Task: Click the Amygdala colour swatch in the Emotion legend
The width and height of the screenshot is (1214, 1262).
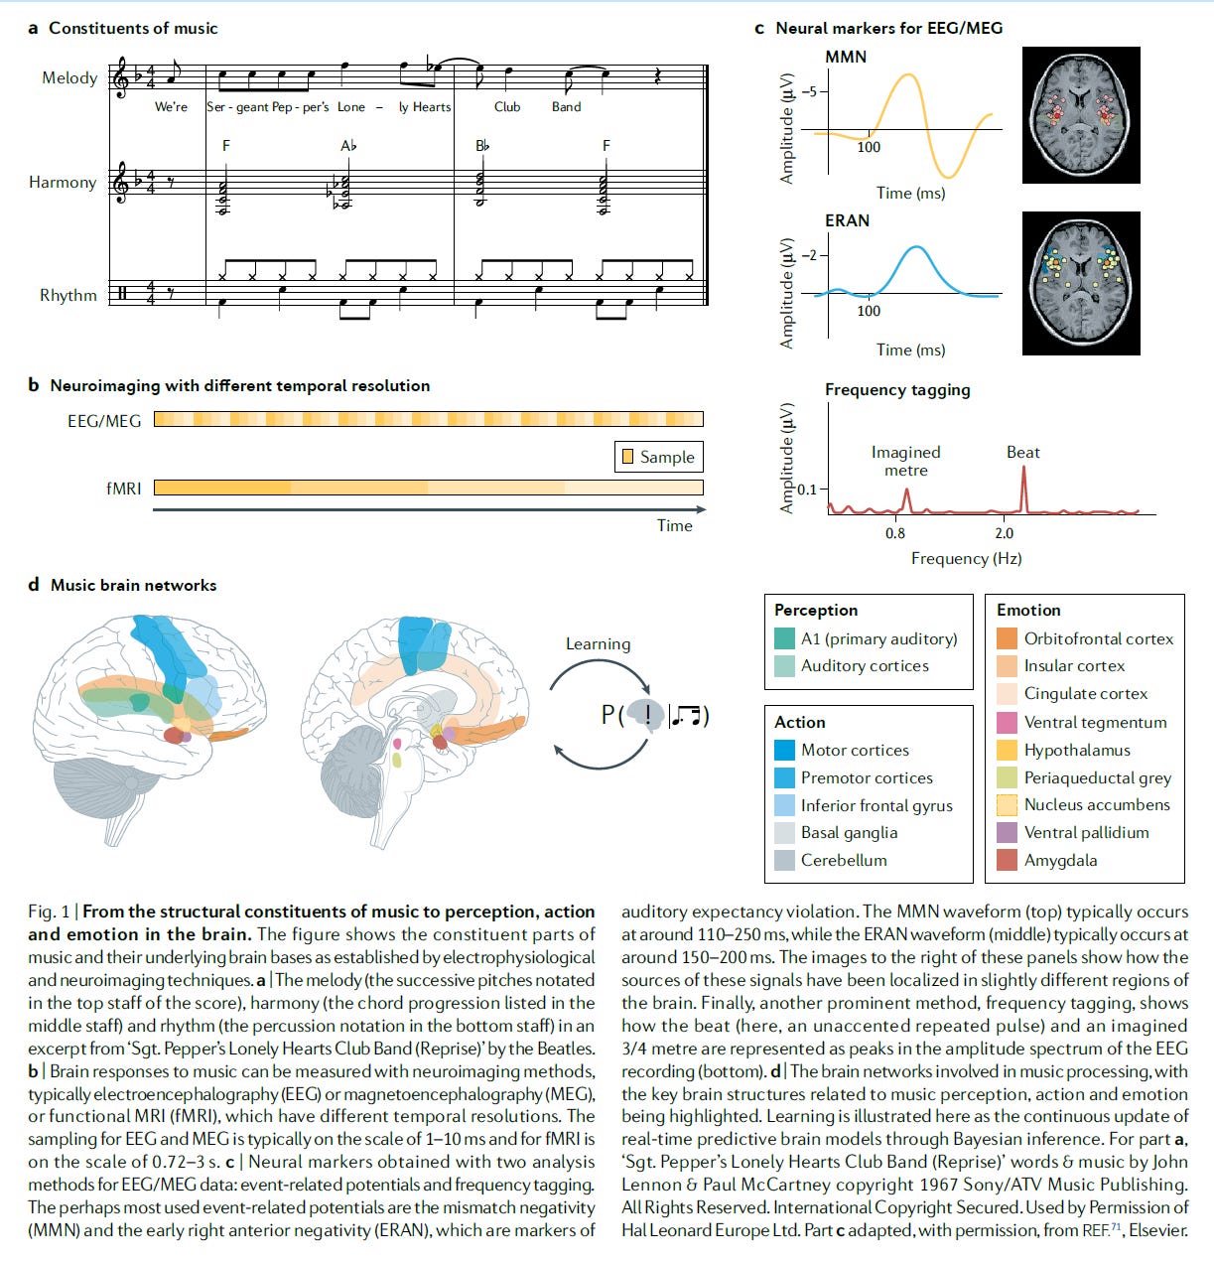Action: tap(1007, 860)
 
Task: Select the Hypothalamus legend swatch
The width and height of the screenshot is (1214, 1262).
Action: tap(1007, 750)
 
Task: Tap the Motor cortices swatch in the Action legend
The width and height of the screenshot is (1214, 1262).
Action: tap(784, 750)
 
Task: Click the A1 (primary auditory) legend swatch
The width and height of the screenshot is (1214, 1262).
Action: tap(784, 638)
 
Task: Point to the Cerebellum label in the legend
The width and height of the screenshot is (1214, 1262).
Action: tap(844, 860)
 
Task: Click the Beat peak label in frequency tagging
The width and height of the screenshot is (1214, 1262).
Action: tap(1022, 452)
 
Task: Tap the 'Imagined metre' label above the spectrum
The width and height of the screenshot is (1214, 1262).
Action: tap(905, 461)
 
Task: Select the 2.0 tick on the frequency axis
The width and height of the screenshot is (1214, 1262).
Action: tap(1004, 533)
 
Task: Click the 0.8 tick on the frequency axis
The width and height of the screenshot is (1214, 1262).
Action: tap(895, 533)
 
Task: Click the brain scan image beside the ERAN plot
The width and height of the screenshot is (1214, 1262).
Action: tap(1081, 283)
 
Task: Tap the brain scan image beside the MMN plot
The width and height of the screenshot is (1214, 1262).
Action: tap(1081, 114)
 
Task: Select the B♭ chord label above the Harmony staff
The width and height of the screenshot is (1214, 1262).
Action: tap(482, 146)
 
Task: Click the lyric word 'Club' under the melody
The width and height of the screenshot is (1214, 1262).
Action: tap(507, 107)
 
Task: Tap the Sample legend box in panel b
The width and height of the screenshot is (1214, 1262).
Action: tap(658, 457)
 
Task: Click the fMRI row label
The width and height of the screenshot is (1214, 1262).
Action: tap(124, 488)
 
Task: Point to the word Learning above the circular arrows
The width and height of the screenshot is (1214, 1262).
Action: tap(598, 643)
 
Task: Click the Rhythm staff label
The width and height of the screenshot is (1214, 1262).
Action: tap(68, 295)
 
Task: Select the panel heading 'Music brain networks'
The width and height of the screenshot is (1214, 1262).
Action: tap(133, 585)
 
